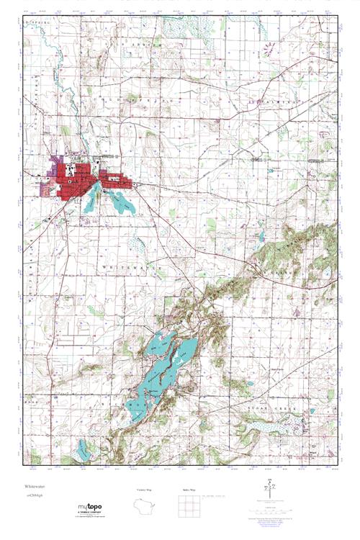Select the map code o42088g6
tap(33, 495)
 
